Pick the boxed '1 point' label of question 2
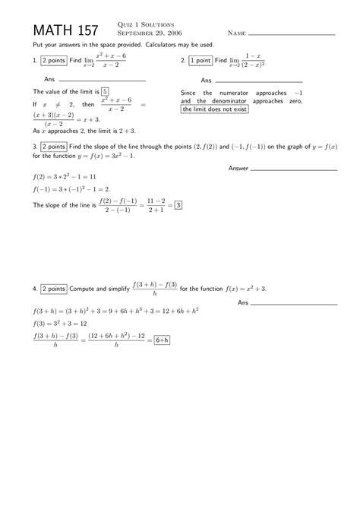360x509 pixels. pyautogui.click(x=201, y=61)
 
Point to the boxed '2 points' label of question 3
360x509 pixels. pyautogui.click(x=52, y=147)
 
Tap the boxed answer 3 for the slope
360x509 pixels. pyautogui.click(x=178, y=204)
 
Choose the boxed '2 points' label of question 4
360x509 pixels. pyautogui.click(x=52, y=289)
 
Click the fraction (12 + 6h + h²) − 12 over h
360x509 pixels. pyautogui.click(x=116, y=340)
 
